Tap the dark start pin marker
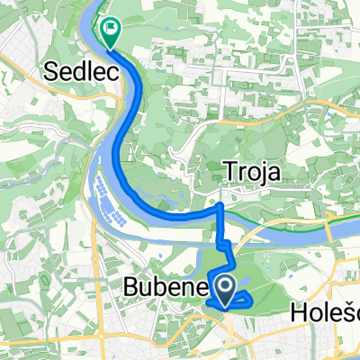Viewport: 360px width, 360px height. point(225,290)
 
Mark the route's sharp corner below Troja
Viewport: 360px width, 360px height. point(221,181)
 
